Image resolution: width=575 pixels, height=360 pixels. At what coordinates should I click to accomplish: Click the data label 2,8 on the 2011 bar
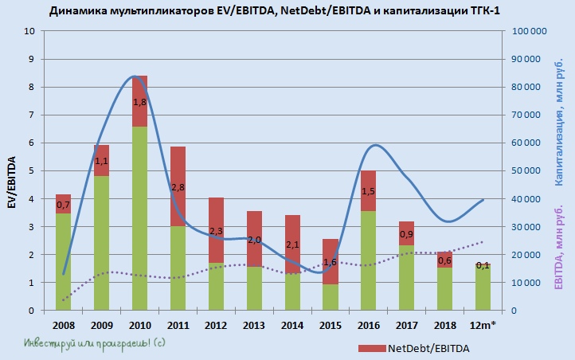pos(178,187)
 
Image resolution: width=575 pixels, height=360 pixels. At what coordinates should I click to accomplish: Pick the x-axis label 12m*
pos(483,327)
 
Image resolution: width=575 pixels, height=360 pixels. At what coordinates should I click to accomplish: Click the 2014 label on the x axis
pos(292,327)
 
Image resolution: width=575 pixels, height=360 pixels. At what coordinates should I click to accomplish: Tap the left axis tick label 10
pos(30,32)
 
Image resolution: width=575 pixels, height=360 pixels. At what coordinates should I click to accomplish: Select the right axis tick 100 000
pos(527,32)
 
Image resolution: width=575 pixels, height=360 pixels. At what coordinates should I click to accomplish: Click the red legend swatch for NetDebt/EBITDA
pos(371,349)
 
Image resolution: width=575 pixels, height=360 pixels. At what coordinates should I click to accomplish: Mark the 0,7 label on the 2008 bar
pos(64,205)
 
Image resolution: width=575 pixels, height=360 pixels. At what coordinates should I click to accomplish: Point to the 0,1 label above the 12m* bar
pos(483,265)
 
